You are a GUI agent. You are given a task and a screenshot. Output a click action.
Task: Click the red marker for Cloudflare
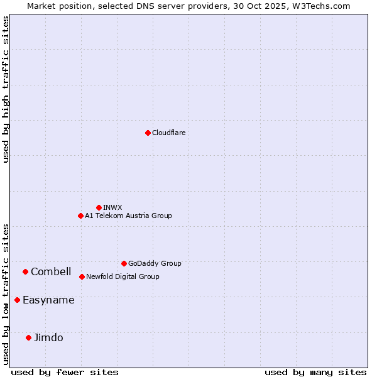pos(148,133)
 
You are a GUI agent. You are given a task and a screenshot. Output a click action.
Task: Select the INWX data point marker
pos(99,207)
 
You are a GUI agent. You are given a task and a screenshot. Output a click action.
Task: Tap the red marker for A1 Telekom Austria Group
pos(80,216)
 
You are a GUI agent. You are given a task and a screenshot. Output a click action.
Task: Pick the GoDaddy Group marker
pos(124,263)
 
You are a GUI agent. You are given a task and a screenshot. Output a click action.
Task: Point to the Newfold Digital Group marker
pos(82,276)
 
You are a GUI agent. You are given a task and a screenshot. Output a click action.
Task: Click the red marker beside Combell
pos(25,271)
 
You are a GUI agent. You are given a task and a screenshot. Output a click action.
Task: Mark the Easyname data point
pos(17,300)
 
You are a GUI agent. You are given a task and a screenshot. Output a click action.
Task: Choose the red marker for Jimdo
pos(28,337)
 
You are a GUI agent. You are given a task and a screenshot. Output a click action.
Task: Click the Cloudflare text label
pos(168,133)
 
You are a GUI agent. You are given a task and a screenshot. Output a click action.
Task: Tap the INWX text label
pos(112,207)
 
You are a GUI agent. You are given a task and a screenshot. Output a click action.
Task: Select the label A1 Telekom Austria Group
pos(128,216)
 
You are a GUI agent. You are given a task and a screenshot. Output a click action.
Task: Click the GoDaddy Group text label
pos(155,263)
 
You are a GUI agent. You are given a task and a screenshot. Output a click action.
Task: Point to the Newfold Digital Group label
pos(123,276)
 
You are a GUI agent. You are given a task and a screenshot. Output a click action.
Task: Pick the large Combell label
pos(51,271)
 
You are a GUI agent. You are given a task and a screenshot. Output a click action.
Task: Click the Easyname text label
pos(48,300)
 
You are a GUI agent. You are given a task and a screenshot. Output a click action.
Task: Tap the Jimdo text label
pos(48,337)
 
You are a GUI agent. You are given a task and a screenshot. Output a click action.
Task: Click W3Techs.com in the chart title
pos(324,6)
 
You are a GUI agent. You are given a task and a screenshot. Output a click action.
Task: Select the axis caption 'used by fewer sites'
pos(65,372)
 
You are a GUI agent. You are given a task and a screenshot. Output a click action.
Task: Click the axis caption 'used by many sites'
pos(315,372)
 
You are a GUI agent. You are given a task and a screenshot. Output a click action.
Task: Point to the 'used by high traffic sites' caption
pos(6,89)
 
